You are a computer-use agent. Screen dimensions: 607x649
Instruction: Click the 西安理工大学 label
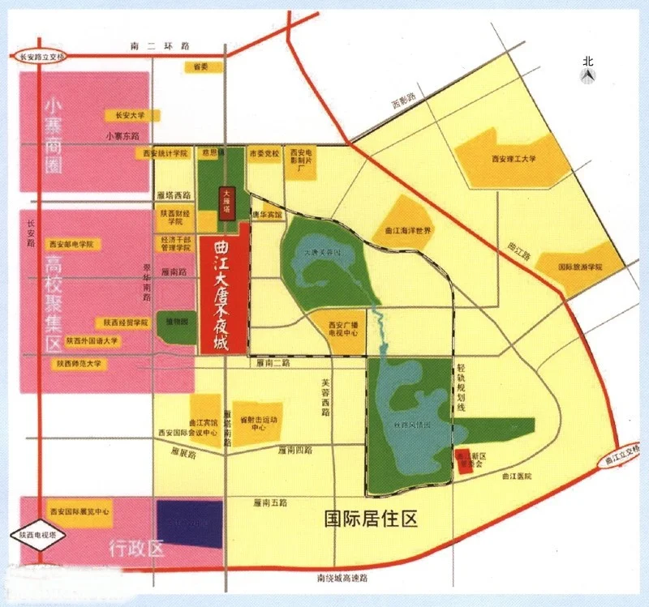(x=514, y=159)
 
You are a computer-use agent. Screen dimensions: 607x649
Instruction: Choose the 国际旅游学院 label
(x=580, y=267)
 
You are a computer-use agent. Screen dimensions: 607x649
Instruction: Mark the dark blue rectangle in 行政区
(x=189, y=523)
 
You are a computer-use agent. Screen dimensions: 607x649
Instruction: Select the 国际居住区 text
(x=370, y=519)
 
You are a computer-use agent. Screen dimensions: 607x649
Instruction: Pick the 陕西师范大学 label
(x=79, y=364)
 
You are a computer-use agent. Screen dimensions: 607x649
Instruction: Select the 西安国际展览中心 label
(x=80, y=512)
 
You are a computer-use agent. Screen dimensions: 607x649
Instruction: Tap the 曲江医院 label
(x=516, y=477)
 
